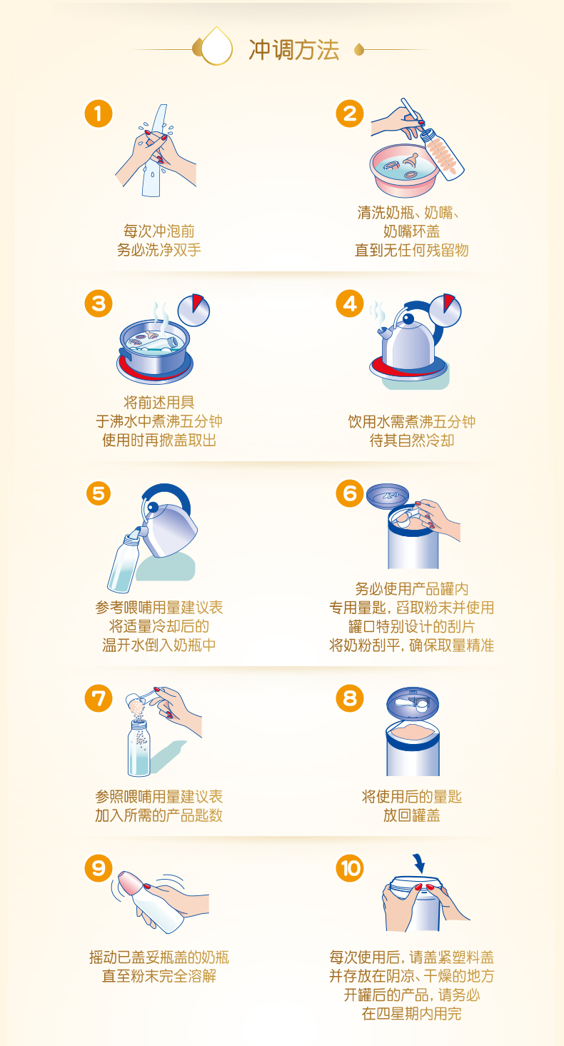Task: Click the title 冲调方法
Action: [293, 50]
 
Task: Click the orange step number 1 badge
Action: [99, 114]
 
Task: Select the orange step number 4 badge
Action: [350, 303]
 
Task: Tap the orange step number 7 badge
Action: [99, 698]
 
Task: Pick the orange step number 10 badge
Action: [350, 868]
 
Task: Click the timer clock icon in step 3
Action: [193, 310]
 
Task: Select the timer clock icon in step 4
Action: [445, 310]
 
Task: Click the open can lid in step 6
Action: [388, 496]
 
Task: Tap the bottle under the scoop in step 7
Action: [139, 748]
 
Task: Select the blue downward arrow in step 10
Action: [419, 865]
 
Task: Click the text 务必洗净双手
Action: [159, 250]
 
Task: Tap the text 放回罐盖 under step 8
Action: [411, 815]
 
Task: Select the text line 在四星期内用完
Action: [411, 1014]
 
